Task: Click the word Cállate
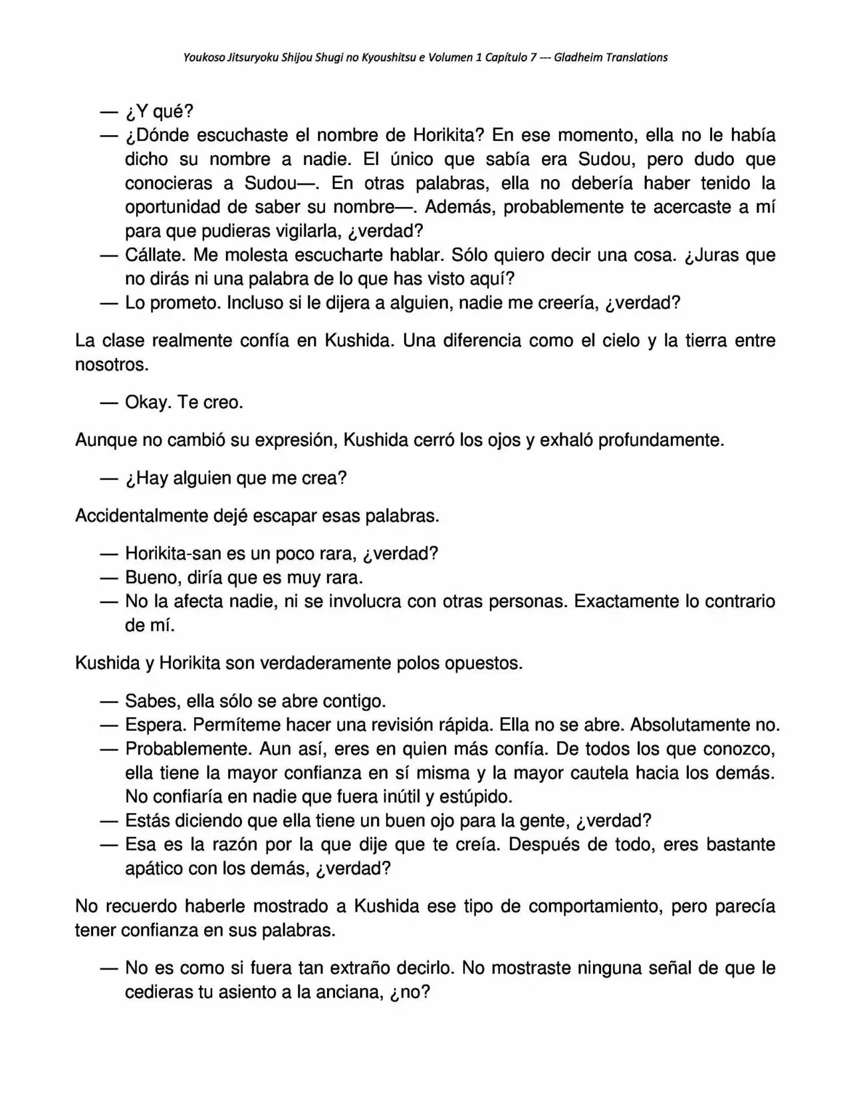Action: [150, 256]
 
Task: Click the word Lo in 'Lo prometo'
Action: [135, 303]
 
